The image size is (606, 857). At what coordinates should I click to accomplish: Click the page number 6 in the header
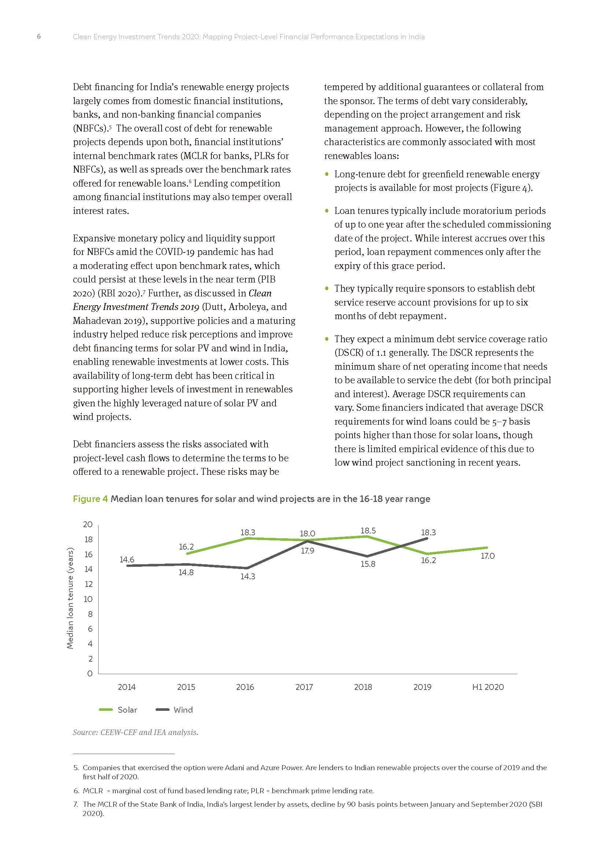click(39, 37)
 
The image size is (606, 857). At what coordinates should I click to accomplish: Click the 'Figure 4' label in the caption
click(90, 499)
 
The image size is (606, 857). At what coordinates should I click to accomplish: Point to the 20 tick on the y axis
click(88, 524)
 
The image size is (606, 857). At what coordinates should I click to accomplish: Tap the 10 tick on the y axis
click(88, 599)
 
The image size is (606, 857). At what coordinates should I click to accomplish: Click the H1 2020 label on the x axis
click(488, 687)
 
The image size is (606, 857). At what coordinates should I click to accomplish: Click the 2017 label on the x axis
click(304, 687)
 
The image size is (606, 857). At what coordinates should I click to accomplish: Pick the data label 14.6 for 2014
click(127, 559)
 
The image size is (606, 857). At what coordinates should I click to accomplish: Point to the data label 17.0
click(487, 556)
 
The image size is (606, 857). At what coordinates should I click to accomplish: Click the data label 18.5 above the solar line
click(368, 531)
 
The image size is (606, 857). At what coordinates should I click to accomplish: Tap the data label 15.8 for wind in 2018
click(367, 564)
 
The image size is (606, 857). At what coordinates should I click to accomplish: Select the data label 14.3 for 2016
click(247, 576)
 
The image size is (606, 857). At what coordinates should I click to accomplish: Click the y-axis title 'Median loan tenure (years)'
click(70, 598)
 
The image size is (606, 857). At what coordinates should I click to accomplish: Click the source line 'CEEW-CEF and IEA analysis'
click(149, 732)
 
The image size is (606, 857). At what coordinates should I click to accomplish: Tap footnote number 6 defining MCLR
click(76, 791)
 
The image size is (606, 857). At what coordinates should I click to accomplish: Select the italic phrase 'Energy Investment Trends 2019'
click(136, 307)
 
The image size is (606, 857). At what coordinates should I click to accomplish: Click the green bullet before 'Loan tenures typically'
click(327, 211)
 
